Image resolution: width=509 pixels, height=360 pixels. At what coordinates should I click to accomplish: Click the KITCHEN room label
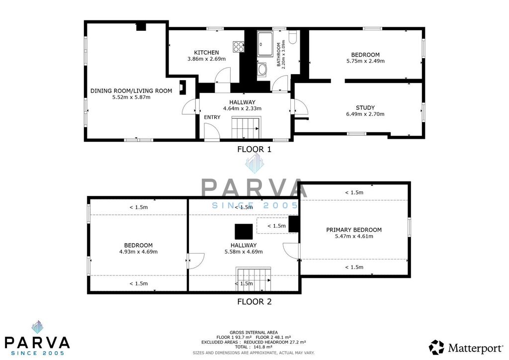[206, 53]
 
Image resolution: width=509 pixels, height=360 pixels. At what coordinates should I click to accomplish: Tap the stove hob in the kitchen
[238, 46]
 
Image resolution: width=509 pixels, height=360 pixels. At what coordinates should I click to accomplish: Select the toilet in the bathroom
[292, 37]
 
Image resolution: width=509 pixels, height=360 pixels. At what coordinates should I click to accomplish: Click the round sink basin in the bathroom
[261, 69]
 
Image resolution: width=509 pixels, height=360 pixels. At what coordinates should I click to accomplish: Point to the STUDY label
[365, 108]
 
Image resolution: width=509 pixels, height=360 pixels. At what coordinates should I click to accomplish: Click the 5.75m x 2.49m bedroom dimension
[365, 61]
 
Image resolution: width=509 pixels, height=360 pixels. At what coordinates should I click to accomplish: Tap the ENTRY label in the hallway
[212, 117]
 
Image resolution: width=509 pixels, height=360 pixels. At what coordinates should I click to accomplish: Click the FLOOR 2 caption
[254, 301]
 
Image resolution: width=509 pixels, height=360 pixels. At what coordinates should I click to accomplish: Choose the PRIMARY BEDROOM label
[354, 230]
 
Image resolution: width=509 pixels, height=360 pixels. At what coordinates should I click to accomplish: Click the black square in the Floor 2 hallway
[244, 231]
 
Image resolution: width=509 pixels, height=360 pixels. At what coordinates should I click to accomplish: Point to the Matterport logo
[466, 348]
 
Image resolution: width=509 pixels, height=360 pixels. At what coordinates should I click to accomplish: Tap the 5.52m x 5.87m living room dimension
[131, 97]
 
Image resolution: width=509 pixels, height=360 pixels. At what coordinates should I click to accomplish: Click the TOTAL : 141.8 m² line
[254, 347]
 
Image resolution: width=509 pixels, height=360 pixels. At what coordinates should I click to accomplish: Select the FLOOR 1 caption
[254, 149]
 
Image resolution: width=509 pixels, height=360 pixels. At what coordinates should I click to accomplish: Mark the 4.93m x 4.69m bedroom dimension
[139, 252]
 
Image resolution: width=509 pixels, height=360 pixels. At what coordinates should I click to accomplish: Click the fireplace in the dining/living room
[183, 88]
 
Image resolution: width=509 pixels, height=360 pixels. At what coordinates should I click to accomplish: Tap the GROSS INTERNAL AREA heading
[254, 333]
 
